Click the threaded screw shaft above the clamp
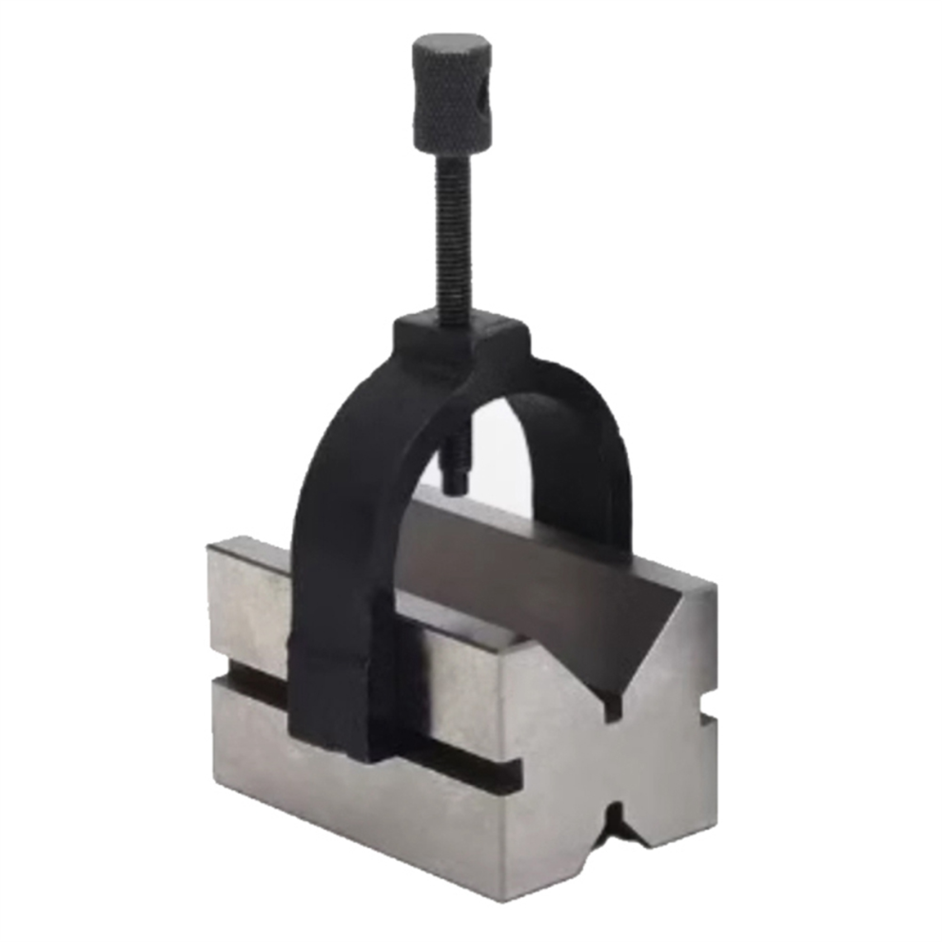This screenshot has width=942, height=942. click(454, 238)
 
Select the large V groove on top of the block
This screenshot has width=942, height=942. click(533, 590)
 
